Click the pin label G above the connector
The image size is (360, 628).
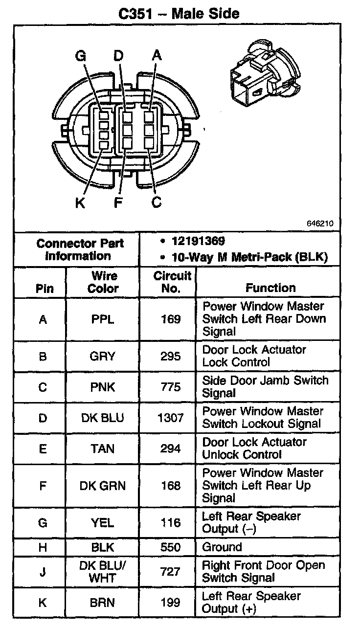coord(81,56)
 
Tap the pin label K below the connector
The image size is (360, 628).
coord(80,202)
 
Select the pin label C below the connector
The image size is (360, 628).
coord(156,202)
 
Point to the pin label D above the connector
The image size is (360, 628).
coord(118,55)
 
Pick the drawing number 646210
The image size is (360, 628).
coord(320,224)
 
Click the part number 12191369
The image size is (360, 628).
coord(198,241)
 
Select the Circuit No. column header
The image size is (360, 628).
coord(172,282)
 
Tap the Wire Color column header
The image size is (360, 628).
coord(103,282)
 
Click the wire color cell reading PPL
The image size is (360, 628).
coord(103,319)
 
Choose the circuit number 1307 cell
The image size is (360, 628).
coord(171,418)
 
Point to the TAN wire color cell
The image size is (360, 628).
coord(102,449)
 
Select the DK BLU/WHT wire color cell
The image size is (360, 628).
coord(103,572)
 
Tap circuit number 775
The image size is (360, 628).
coord(171,387)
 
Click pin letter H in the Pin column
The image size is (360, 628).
coord(43,547)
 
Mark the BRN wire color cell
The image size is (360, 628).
coord(102,603)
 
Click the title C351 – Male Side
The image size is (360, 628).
coord(179,14)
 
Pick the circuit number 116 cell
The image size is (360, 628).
coord(171,522)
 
